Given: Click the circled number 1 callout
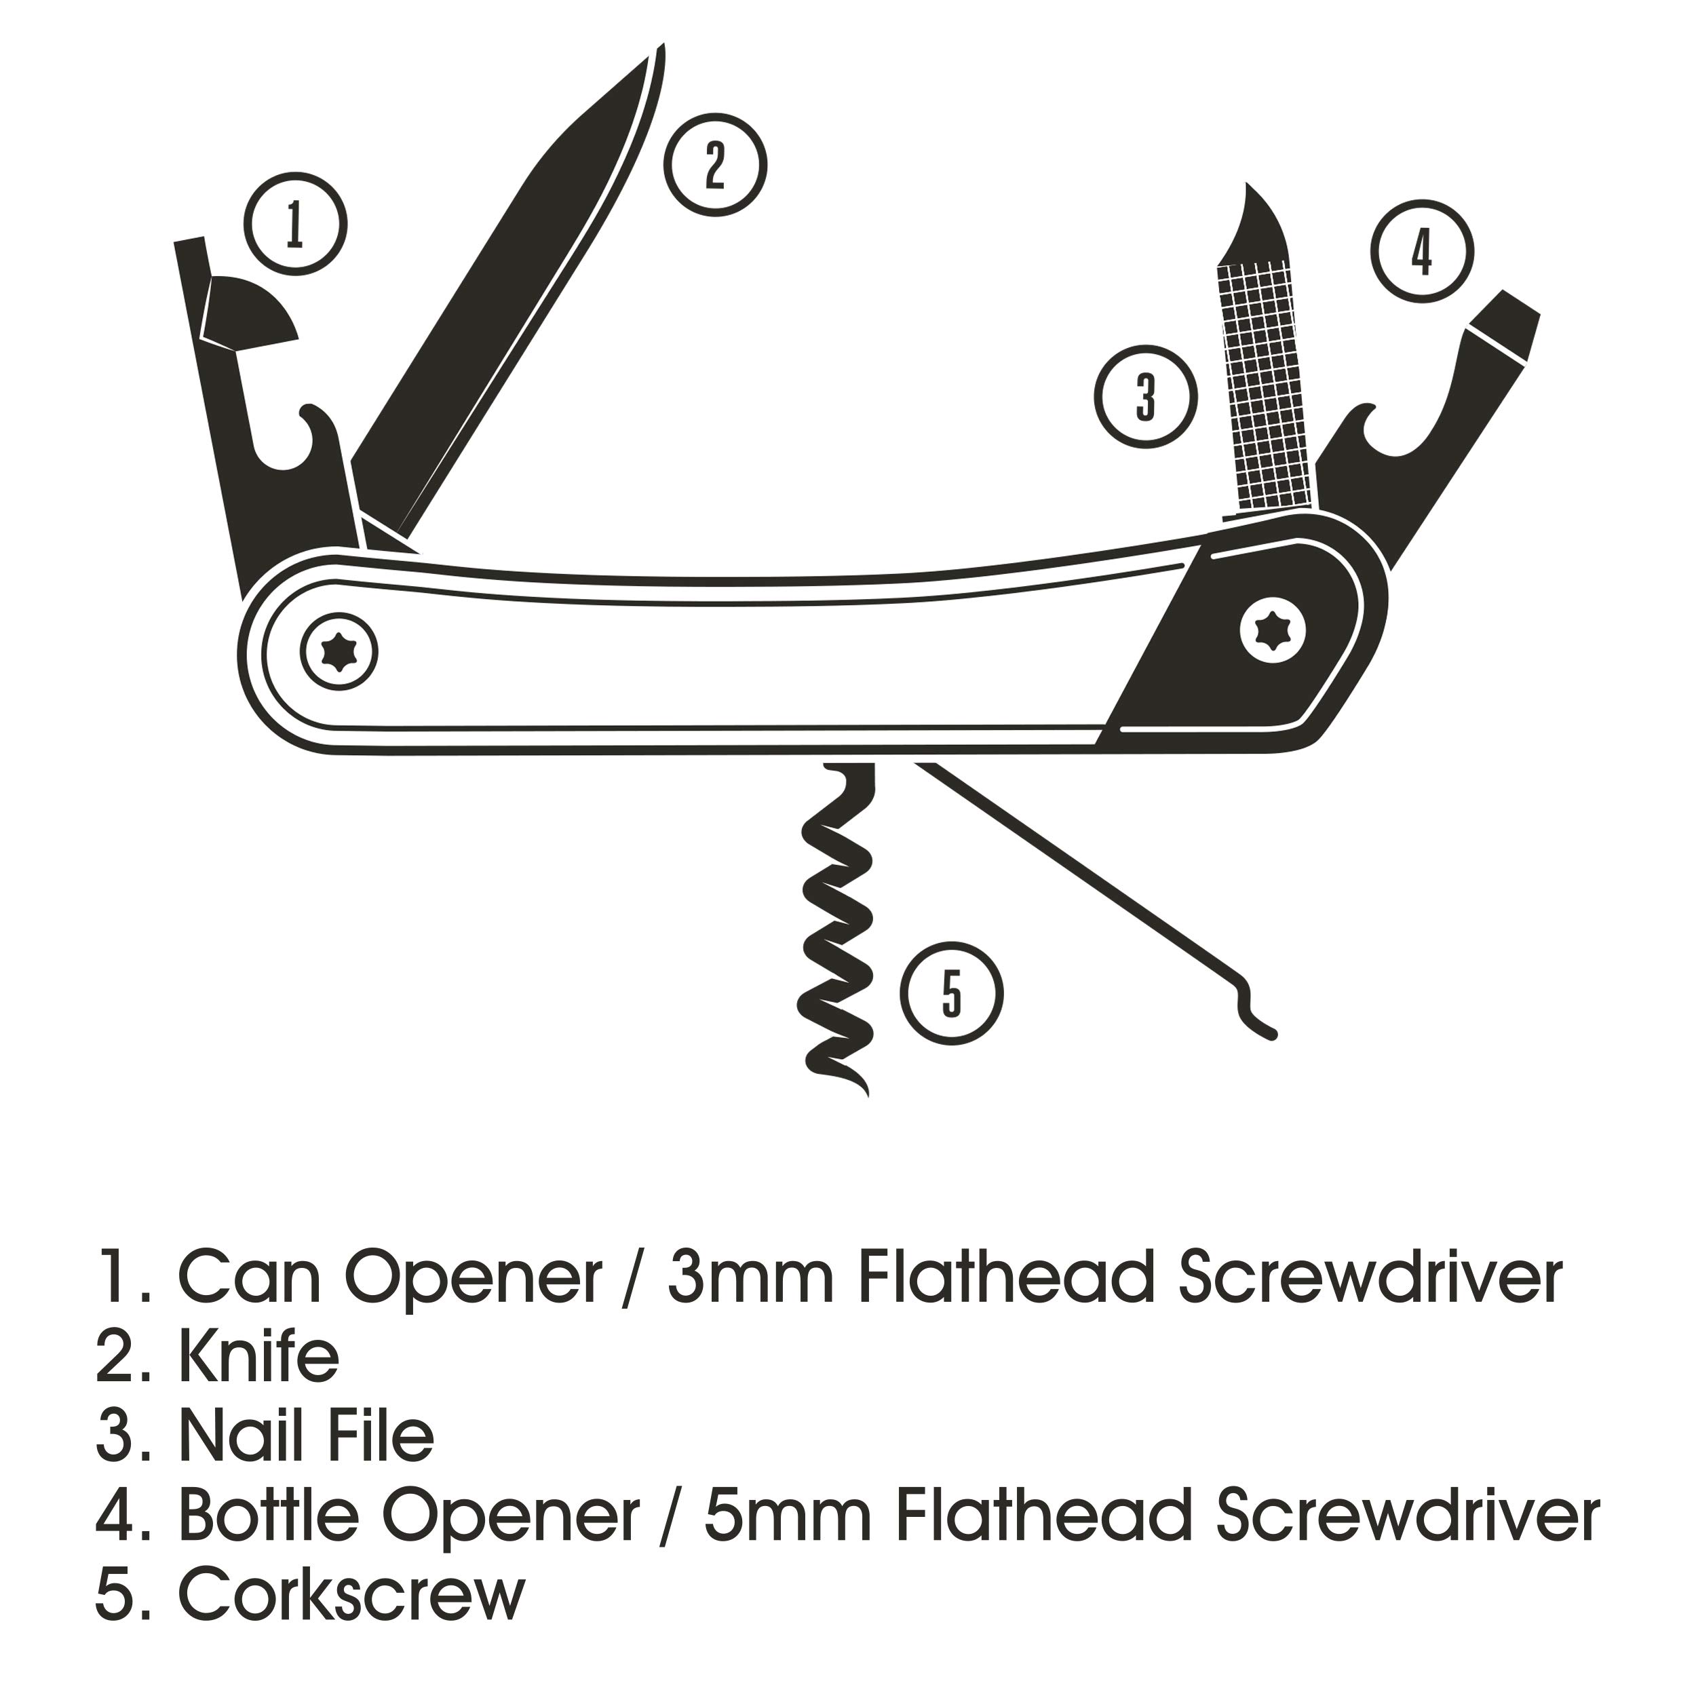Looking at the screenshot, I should click(x=295, y=223).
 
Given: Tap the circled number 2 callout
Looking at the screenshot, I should click(x=714, y=165).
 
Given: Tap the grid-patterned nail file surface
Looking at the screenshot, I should click(x=1263, y=386).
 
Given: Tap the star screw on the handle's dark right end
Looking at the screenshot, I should click(x=1273, y=630).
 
